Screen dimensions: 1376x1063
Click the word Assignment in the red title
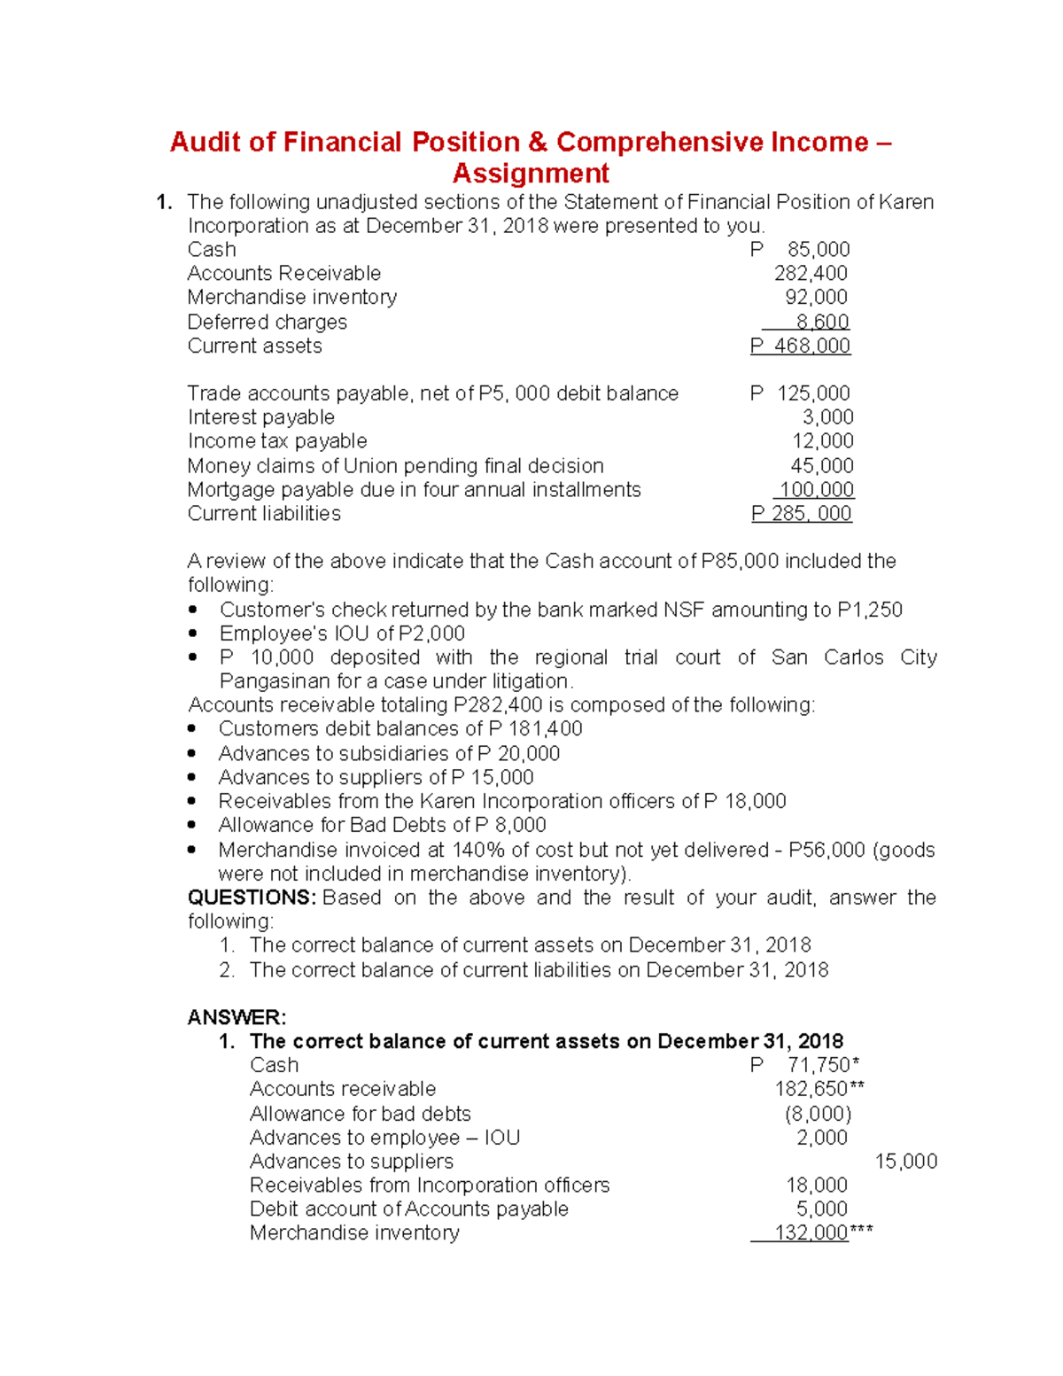[x=531, y=173]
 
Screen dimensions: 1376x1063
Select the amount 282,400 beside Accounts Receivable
[x=811, y=274]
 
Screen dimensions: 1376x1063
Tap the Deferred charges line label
[x=267, y=323]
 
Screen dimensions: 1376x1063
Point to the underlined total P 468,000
[x=800, y=346]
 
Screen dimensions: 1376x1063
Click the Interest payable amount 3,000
[x=827, y=417]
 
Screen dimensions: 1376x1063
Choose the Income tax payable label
[x=276, y=441]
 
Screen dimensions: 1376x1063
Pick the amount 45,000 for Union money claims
[x=821, y=466]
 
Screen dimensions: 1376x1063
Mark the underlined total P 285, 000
[x=801, y=514]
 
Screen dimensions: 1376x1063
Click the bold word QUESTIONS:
[x=252, y=898]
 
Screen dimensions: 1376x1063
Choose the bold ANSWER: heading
[x=237, y=1017]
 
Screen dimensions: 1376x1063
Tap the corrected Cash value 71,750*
[x=823, y=1065]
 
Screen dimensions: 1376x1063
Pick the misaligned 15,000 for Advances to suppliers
[x=905, y=1162]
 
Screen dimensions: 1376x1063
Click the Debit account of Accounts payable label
[x=408, y=1209]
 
